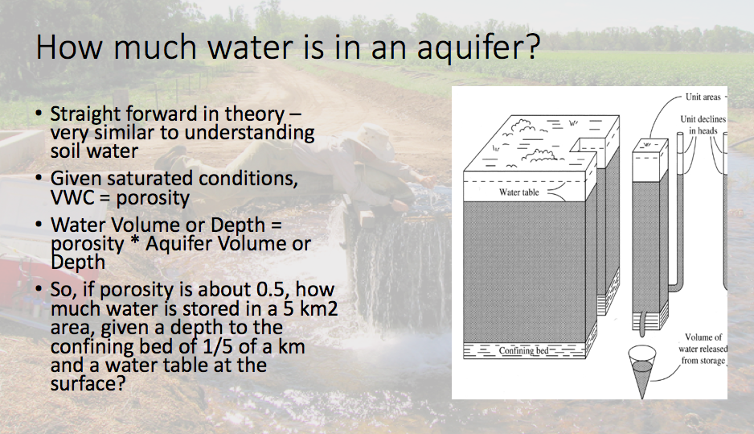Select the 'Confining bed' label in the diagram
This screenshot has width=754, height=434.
523,351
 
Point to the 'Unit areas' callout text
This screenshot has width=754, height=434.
703,97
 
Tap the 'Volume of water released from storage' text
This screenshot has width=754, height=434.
703,349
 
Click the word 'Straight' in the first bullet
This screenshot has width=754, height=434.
83,114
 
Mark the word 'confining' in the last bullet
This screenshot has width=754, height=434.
84,347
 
